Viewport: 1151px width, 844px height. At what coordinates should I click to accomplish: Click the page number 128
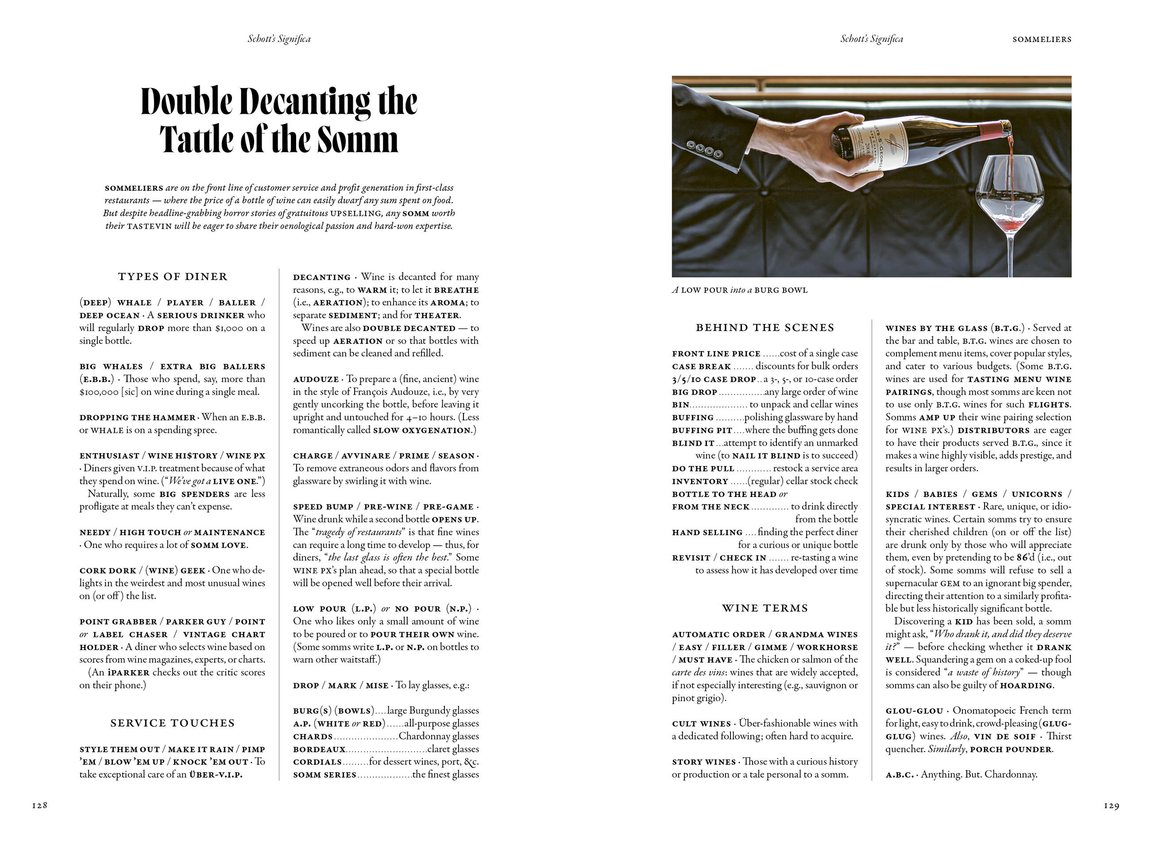(39, 805)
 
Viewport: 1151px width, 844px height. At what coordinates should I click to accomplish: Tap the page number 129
(1111, 805)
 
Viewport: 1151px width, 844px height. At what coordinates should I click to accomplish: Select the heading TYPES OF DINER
(173, 277)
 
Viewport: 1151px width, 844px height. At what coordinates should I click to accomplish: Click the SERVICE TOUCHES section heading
(173, 723)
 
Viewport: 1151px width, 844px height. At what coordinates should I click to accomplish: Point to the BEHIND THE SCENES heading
(765, 328)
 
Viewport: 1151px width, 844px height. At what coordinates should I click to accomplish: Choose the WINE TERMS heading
(765, 608)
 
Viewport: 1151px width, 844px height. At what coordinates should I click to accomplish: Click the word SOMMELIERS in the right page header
(1042, 39)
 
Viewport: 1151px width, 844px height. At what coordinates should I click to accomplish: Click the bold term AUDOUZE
(316, 379)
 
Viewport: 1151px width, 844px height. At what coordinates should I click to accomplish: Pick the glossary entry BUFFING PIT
(702, 430)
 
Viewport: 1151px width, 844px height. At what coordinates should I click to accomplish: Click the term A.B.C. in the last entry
(899, 775)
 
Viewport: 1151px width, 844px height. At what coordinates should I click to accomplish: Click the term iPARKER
(128, 672)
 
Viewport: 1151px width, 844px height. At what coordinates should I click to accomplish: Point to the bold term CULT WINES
(701, 724)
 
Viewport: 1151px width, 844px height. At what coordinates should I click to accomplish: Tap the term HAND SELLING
(707, 532)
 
